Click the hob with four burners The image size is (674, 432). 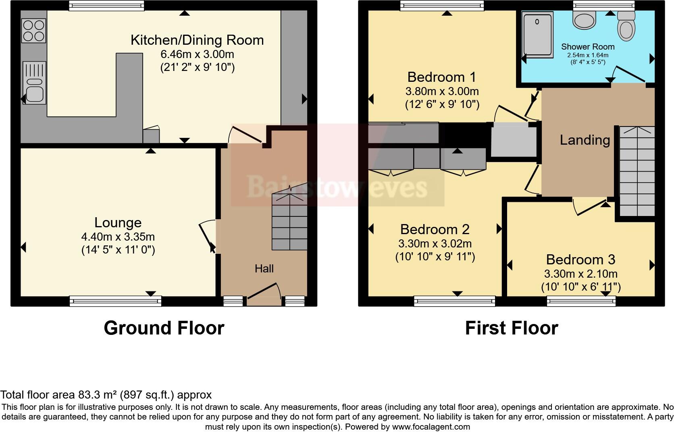coord(34,31)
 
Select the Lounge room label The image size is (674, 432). coord(118,222)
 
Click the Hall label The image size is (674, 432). coord(264,269)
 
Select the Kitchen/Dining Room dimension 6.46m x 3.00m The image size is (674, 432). coord(197,54)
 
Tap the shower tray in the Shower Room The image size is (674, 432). coord(537,34)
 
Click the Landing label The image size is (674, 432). coord(585,140)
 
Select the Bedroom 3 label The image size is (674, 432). coord(580,260)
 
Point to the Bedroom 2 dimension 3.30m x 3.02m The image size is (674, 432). coord(435,243)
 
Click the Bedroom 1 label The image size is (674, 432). coord(441,77)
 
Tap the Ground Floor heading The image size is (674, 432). coord(164,328)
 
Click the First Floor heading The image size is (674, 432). coord(511,328)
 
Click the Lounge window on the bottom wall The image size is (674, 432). coord(115,301)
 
